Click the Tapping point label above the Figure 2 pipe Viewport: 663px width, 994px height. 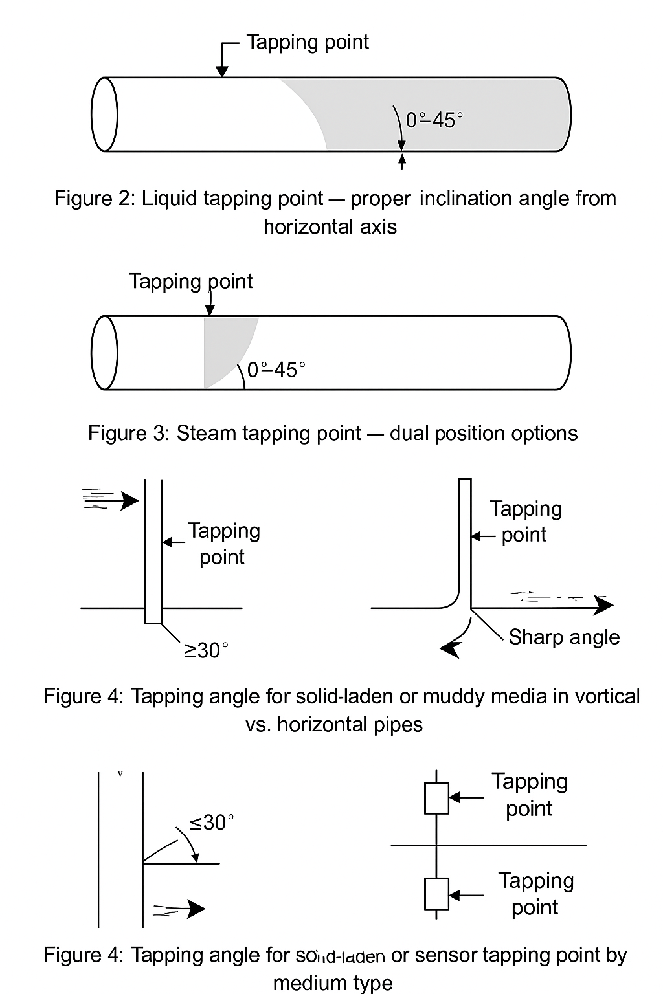[x=307, y=42]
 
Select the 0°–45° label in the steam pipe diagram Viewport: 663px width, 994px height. [x=276, y=370]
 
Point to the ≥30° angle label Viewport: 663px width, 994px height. [x=207, y=650]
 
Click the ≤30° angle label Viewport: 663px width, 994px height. [x=212, y=822]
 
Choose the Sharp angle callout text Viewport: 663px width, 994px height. [x=564, y=637]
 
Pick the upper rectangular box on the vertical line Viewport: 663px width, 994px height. [x=436, y=798]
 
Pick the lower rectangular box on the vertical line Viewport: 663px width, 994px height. [x=436, y=894]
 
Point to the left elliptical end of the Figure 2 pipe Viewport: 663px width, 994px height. [x=105, y=115]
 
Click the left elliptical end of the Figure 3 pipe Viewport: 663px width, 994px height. [x=105, y=353]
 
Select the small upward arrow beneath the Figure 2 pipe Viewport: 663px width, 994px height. [x=402, y=160]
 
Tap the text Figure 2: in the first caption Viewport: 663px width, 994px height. [x=95, y=198]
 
